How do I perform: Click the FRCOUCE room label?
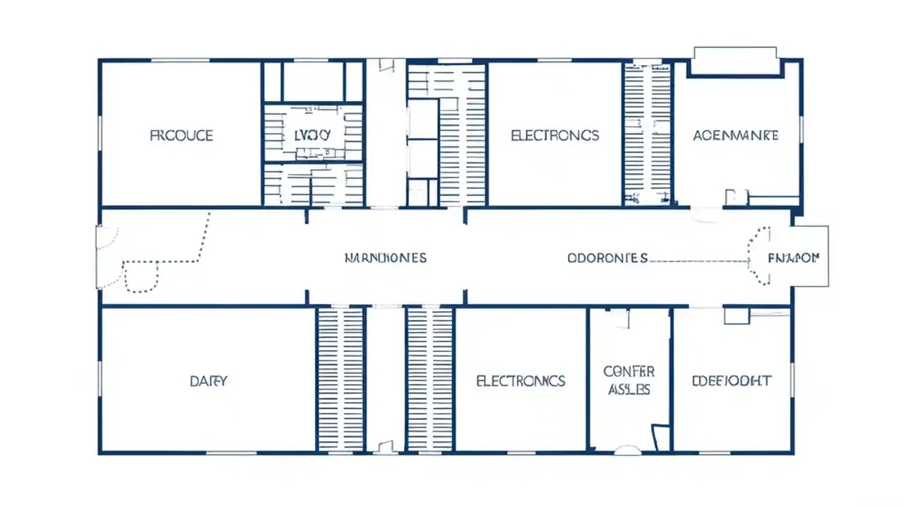click(x=182, y=135)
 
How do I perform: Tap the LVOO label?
click(x=311, y=134)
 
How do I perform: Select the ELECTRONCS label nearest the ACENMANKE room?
click(x=554, y=135)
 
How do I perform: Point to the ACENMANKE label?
click(x=735, y=135)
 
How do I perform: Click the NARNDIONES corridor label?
click(x=385, y=258)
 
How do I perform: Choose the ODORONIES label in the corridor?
click(x=607, y=258)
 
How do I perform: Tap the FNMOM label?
click(x=793, y=258)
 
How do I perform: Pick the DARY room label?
click(x=208, y=381)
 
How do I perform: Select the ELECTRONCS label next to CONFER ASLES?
click(x=521, y=381)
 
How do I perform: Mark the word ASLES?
click(x=629, y=390)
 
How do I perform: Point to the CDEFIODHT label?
click(x=731, y=381)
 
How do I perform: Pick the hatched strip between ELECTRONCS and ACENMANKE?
click(x=647, y=134)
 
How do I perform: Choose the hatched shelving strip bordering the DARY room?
click(x=340, y=379)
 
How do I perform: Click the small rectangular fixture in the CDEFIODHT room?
click(x=737, y=315)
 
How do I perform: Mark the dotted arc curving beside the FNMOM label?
click(x=758, y=256)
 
